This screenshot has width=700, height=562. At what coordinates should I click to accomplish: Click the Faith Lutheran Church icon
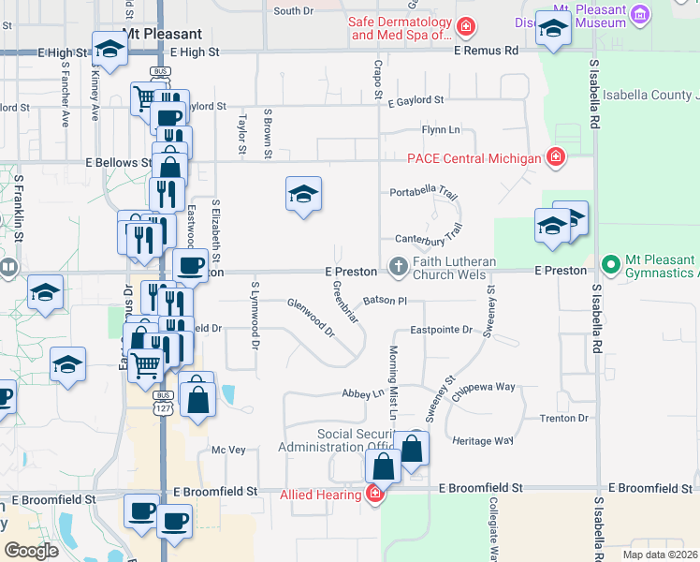pyautogui.click(x=399, y=268)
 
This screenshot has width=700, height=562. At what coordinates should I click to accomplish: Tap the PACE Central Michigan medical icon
pyautogui.click(x=556, y=156)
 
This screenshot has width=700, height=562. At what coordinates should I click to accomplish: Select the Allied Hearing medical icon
pyautogui.click(x=374, y=493)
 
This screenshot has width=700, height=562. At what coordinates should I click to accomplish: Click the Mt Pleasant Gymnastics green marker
pyautogui.click(x=612, y=265)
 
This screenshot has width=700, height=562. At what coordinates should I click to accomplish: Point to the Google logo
pyautogui.click(x=31, y=550)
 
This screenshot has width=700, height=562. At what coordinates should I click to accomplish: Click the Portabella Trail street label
pyautogui.click(x=423, y=195)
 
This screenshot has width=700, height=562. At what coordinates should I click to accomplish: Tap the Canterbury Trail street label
pyautogui.click(x=429, y=234)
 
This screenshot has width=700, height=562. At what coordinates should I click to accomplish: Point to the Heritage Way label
pyautogui.click(x=482, y=440)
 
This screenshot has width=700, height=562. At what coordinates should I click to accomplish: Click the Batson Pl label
pyautogui.click(x=386, y=301)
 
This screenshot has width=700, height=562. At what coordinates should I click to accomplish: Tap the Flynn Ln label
pyautogui.click(x=441, y=129)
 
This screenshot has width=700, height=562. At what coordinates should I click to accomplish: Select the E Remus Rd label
pyautogui.click(x=485, y=51)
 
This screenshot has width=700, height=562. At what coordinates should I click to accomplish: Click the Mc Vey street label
pyautogui.click(x=228, y=450)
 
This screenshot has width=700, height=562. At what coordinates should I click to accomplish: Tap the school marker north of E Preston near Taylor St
pyautogui.click(x=303, y=195)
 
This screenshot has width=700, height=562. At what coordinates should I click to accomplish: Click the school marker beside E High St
pyautogui.click(x=110, y=49)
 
